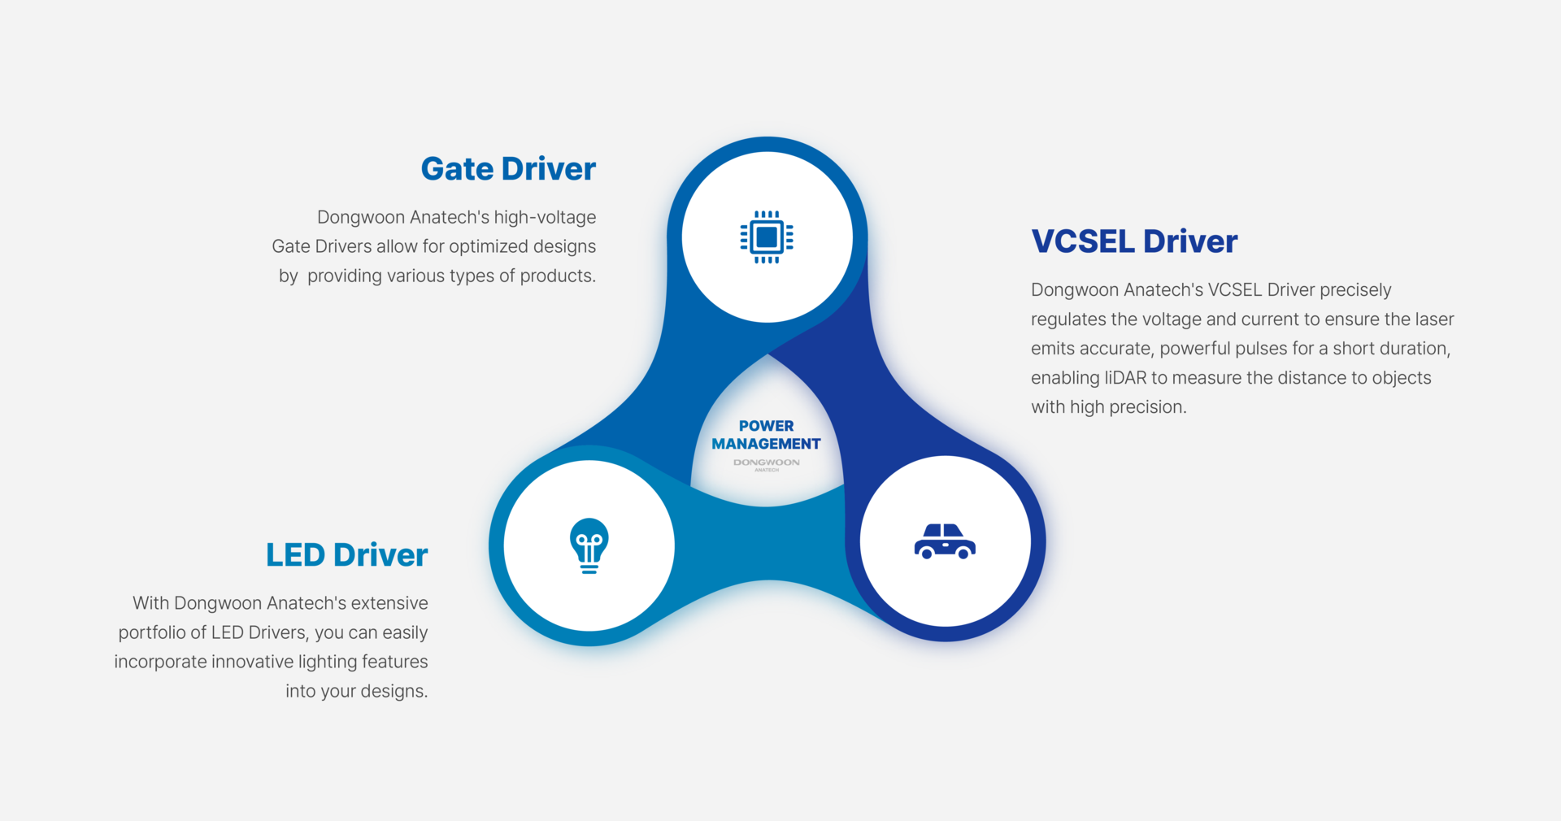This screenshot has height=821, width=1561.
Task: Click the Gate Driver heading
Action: (508, 169)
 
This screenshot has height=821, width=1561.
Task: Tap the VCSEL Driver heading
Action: (1134, 241)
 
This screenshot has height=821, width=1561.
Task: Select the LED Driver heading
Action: (346, 555)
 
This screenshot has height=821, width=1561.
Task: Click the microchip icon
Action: (767, 237)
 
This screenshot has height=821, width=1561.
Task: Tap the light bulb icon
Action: (589, 545)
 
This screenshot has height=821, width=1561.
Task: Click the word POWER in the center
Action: (766, 426)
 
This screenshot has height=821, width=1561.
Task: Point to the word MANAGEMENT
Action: (766, 444)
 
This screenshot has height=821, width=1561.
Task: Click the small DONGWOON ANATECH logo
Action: (766, 464)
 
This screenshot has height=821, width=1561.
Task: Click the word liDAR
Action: (1125, 378)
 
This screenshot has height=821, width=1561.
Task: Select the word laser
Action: (1434, 319)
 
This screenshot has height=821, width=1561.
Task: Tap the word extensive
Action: (389, 604)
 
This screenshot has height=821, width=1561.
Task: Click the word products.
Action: (558, 276)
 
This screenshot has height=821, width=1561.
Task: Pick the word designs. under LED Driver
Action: (394, 692)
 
